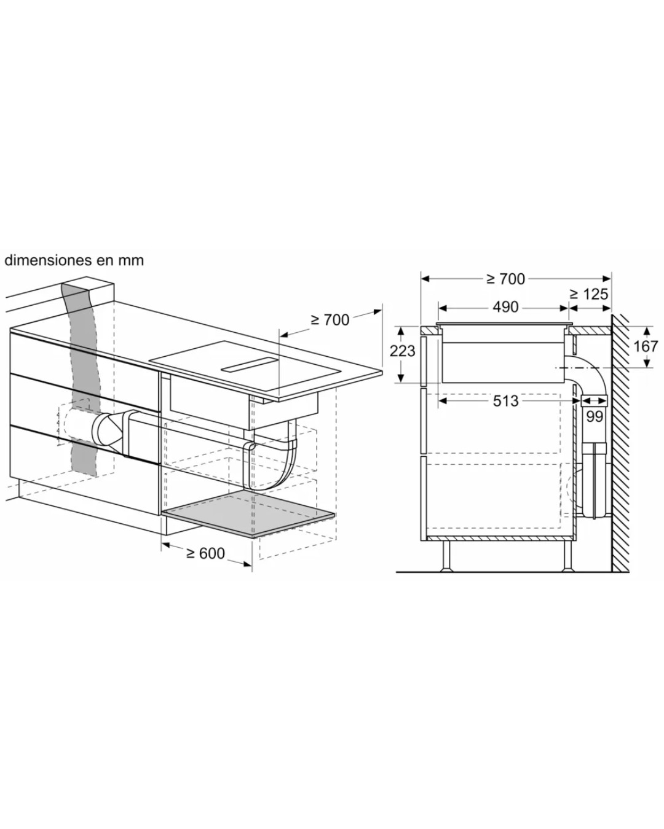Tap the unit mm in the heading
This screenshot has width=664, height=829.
[x=131, y=261]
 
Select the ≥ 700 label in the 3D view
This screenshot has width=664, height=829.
[x=330, y=319]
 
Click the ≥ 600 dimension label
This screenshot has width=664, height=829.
[x=205, y=553]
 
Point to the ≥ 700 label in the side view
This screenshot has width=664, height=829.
[x=506, y=279]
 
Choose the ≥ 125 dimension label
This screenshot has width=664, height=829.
[x=589, y=294]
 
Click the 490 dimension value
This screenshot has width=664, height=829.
[x=505, y=307]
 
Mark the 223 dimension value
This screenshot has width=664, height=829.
[x=402, y=351]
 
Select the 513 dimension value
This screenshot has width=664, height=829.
[x=505, y=401]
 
